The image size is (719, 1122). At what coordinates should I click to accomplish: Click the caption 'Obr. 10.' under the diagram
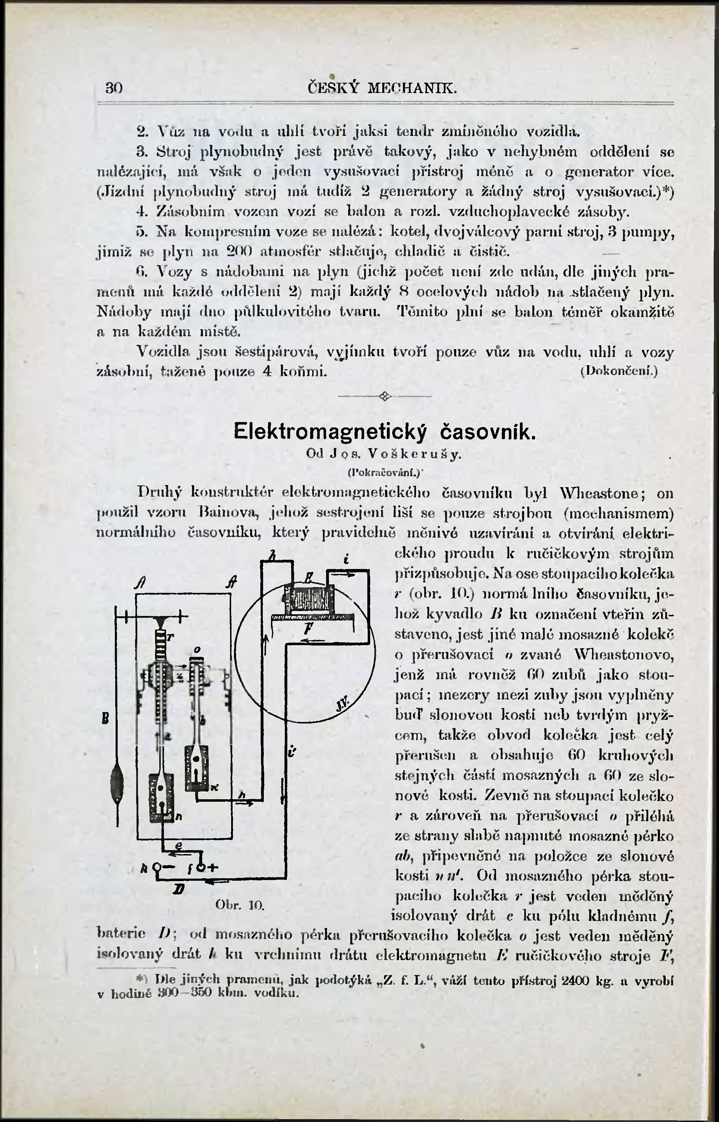tap(240, 905)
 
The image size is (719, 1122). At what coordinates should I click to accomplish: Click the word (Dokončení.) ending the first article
tap(619, 372)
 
